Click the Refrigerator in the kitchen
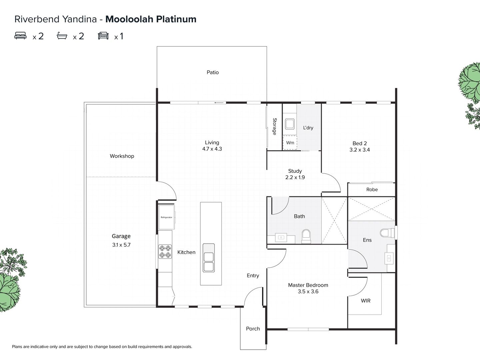click(166, 217)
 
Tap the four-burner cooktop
click(165, 251)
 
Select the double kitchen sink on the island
click(209, 262)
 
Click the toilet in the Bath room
click(306, 236)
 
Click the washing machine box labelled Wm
click(290, 143)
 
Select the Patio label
click(213, 72)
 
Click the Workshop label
click(122, 156)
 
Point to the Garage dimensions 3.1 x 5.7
click(121, 245)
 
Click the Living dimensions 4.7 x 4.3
click(212, 149)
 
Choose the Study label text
click(295, 171)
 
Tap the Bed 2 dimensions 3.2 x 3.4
click(360, 150)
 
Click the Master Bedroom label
click(308, 285)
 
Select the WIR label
click(366, 301)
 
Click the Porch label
click(253, 329)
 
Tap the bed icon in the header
click(21, 36)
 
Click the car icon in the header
click(103, 36)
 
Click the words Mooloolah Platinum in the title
click(151, 19)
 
